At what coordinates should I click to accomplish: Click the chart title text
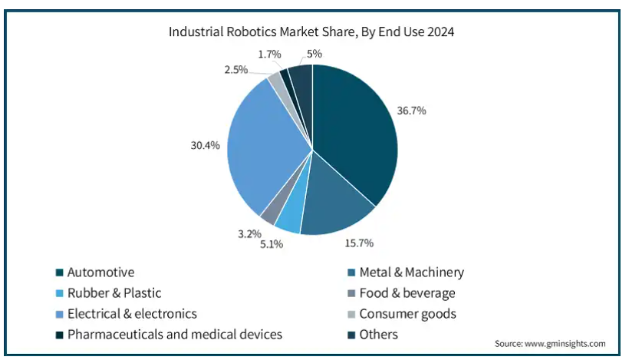(311, 32)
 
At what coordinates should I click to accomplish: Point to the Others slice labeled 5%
(301, 81)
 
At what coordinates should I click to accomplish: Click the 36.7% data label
(411, 111)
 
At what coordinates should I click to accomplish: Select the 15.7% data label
(358, 243)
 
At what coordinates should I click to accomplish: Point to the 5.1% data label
(272, 244)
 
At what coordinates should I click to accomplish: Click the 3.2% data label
(250, 233)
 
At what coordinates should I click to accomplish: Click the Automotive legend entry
(100, 272)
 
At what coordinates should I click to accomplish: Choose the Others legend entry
(378, 334)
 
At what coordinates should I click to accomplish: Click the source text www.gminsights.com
(550, 343)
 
